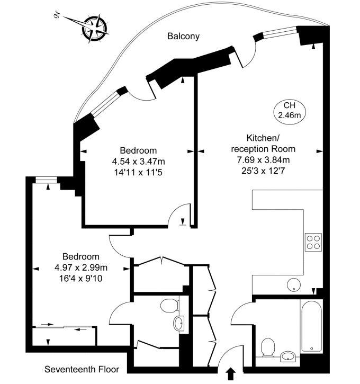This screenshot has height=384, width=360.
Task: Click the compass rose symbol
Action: (94, 28)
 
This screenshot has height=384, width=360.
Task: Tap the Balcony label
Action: (183, 36)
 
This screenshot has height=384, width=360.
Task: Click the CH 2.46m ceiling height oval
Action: (289, 110)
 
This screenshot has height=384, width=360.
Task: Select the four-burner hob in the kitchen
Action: (313, 242)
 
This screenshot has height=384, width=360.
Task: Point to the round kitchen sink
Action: (294, 285)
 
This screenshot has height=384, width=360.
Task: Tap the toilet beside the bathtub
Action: (268, 348)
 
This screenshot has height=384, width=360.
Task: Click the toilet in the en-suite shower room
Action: (169, 306)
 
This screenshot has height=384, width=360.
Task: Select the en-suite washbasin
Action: (179, 323)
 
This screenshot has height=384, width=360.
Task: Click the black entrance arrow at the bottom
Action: (230, 374)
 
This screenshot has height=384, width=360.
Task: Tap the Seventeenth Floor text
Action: (82, 369)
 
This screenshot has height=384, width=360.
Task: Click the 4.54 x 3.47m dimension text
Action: (139, 162)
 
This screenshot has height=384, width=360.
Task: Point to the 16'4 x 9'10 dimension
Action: (81, 279)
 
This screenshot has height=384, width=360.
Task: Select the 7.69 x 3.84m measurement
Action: (263, 160)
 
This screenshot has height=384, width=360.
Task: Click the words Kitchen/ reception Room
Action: (263, 143)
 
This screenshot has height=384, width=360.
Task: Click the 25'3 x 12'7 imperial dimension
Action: (263, 171)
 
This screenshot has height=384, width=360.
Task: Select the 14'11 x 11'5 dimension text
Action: (138, 173)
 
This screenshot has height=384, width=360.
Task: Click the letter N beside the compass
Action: (56, 15)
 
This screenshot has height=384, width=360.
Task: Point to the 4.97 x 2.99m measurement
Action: (81, 267)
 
